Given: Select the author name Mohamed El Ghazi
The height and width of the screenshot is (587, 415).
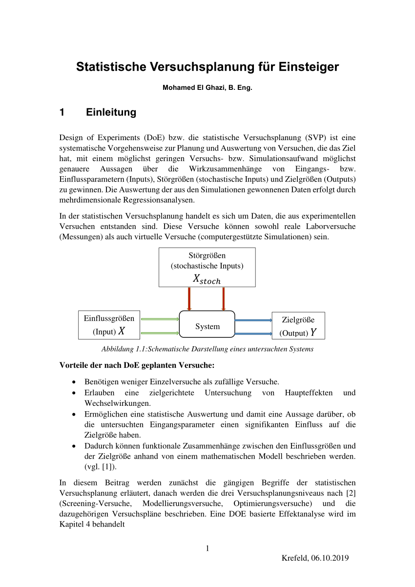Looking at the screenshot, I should [192, 88].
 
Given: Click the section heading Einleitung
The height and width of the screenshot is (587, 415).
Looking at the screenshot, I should [111, 112].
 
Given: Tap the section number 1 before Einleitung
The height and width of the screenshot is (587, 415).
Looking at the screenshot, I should [62, 112].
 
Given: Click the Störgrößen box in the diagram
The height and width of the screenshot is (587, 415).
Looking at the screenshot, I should [207, 267].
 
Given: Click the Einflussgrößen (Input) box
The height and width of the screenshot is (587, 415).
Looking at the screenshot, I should [109, 325].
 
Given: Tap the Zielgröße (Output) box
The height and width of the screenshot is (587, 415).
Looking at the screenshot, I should [298, 326].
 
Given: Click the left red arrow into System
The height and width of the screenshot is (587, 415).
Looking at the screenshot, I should [189, 298].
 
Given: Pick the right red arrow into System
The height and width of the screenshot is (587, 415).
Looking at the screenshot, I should [224, 298].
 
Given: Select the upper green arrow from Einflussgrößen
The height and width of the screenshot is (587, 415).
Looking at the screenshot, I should [160, 319].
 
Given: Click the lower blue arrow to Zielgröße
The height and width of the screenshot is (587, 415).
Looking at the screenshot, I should [253, 334].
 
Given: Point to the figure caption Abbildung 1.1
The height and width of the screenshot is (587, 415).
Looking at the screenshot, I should [207, 349].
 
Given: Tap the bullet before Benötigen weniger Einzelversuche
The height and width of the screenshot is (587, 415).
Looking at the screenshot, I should [74, 381].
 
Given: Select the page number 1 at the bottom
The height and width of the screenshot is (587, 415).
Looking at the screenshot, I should [207, 548].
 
